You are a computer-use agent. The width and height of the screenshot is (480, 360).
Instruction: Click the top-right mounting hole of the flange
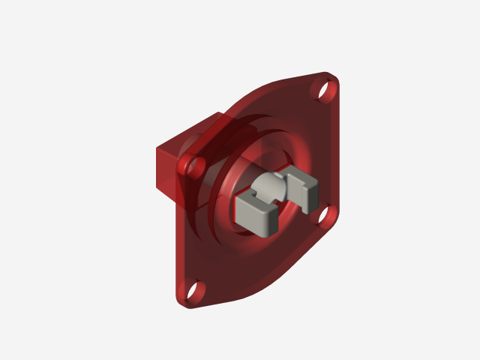point(325,90)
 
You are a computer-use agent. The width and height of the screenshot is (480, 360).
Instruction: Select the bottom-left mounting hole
point(190,289)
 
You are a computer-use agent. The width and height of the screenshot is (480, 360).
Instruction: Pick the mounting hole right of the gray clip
point(326,216)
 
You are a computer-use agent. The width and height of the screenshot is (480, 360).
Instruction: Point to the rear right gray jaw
point(304,190)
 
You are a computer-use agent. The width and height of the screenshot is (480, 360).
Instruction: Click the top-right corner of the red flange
point(334,78)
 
